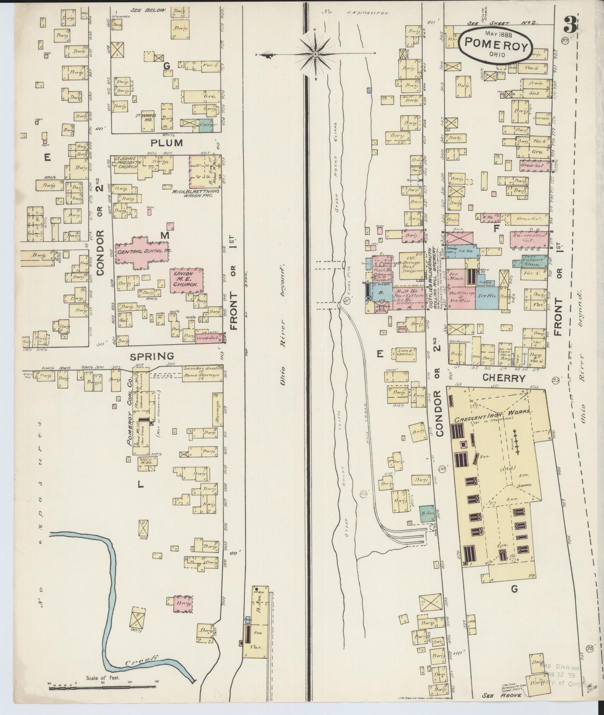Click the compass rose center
[315, 54]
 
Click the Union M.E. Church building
[187, 279]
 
